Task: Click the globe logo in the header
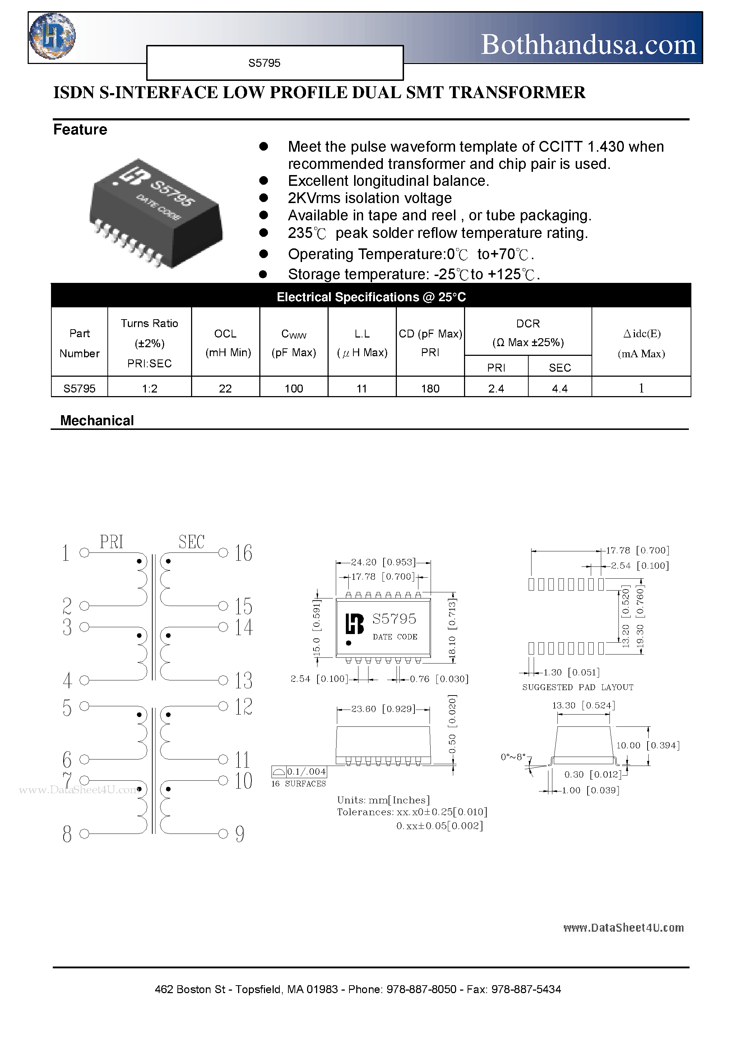point(52,36)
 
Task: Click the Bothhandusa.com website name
point(588,45)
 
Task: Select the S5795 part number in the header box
point(264,63)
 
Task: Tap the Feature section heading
point(80,129)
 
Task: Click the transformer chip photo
point(156,213)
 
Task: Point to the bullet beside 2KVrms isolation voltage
point(264,198)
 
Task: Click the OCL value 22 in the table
point(225,389)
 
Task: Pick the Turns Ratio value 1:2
point(150,389)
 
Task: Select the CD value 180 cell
point(430,389)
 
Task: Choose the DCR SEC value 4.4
point(560,389)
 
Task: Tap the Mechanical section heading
point(97,421)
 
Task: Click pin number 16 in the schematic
point(244,553)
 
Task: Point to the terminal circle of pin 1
point(84,553)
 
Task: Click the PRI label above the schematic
point(112,542)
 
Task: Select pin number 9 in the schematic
point(240,834)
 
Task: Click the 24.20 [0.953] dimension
point(383,562)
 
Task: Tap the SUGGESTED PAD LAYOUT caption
point(578,687)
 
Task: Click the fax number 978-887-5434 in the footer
point(526,989)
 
